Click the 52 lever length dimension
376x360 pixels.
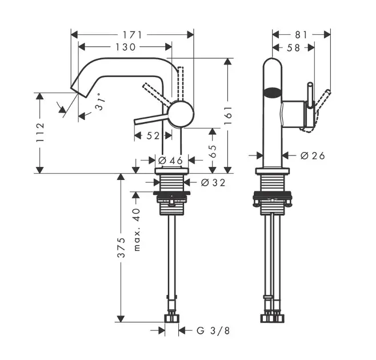point(153,135)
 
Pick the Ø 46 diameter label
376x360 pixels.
point(171,161)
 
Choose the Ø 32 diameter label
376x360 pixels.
point(213,183)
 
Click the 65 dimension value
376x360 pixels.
point(213,151)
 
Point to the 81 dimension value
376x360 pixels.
point(301,34)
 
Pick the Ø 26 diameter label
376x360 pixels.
point(312,155)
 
